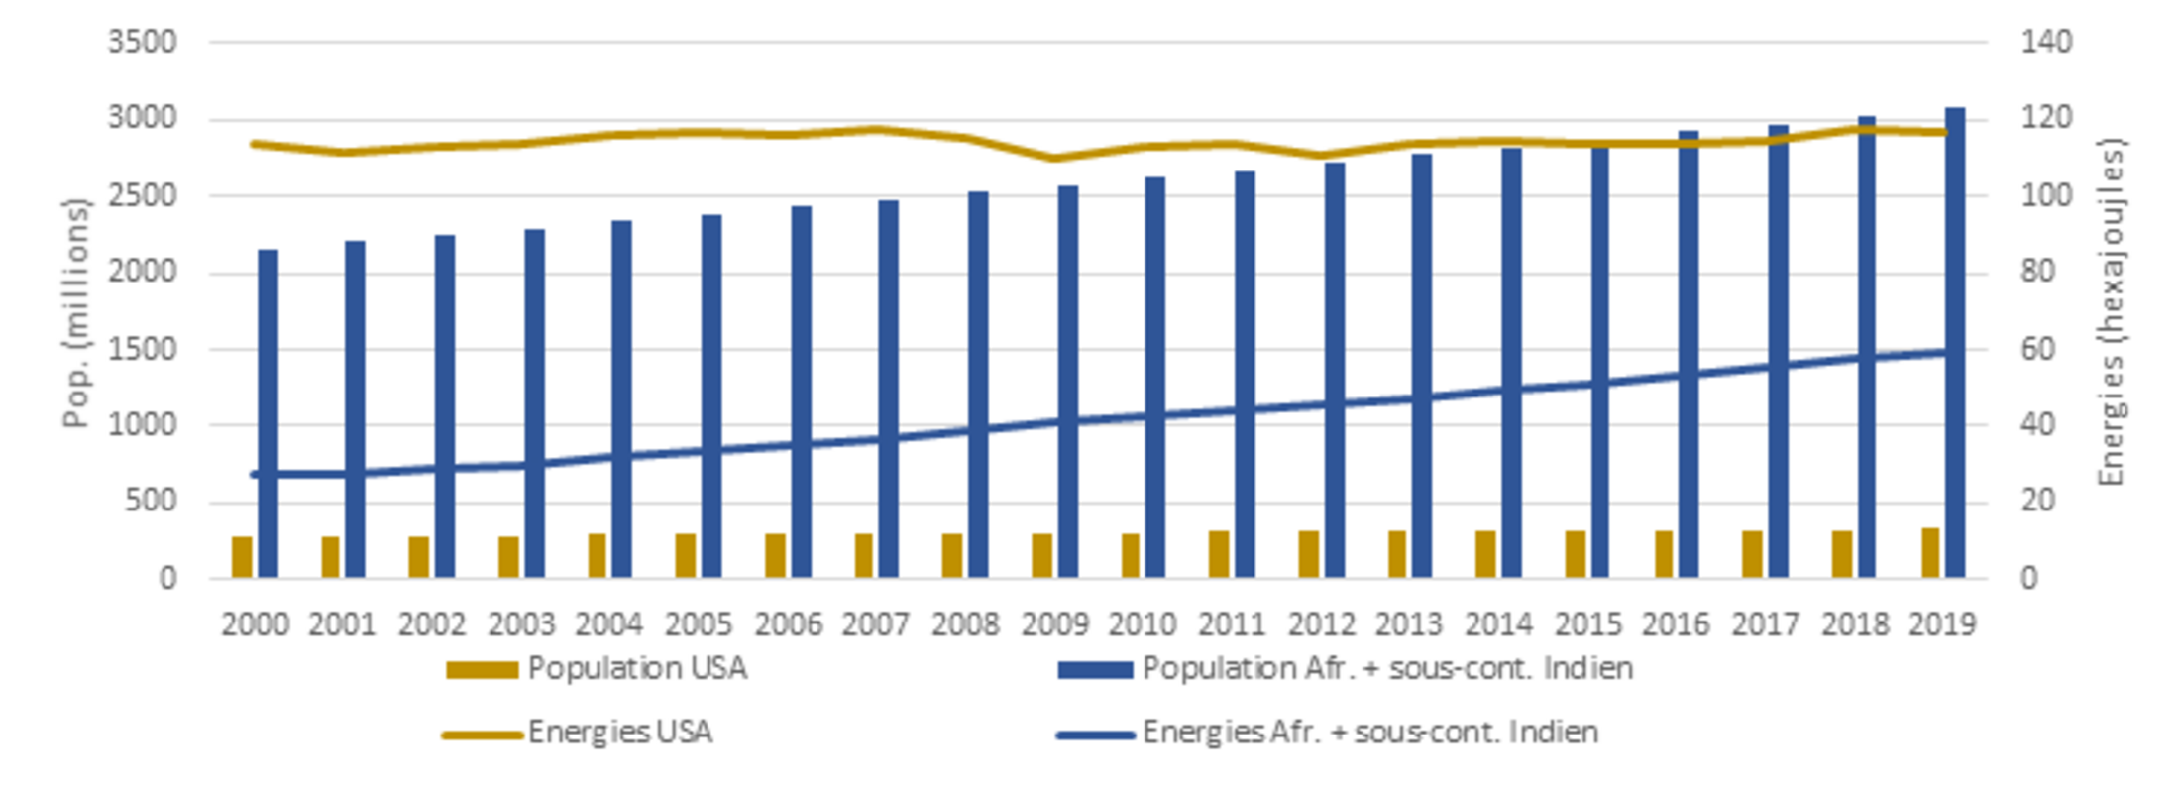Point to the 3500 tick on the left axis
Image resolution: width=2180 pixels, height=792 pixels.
(x=142, y=42)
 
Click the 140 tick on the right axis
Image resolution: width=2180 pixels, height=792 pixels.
(x=2046, y=42)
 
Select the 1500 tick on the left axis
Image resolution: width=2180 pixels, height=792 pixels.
(x=142, y=349)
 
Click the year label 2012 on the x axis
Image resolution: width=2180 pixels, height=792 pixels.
(x=1321, y=624)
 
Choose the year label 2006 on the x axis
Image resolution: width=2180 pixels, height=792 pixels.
(x=788, y=624)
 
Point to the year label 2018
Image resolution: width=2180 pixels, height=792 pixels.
(x=1854, y=624)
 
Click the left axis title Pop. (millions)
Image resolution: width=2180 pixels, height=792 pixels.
(x=75, y=313)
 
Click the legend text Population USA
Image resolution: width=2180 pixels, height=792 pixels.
(x=637, y=669)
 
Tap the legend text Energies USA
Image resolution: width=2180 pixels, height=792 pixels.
(x=619, y=733)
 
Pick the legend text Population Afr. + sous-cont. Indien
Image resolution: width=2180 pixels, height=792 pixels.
(x=1387, y=669)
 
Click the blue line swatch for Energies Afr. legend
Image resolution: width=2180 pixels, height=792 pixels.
(x=1095, y=735)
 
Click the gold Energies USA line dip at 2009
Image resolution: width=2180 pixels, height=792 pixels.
(x=1054, y=158)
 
